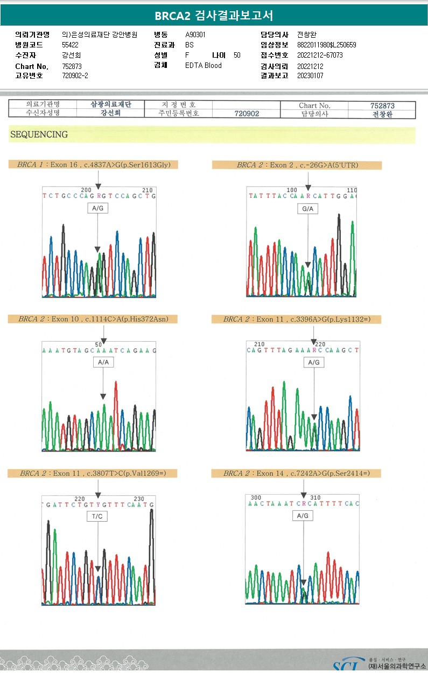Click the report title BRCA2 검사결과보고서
coord(214,16)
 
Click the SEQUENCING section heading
coord(39,135)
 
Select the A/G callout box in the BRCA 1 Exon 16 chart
coord(97,208)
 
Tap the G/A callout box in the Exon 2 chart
coord(308,208)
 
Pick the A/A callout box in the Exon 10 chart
coord(103,363)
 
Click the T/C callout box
coord(98,516)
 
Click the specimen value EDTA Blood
coord(204,66)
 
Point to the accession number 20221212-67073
coord(320,55)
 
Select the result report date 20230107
coord(310,76)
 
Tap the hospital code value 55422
coord(70,45)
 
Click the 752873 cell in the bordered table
coord(382,106)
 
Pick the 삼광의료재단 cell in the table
coord(111,105)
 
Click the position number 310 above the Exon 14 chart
coord(315,497)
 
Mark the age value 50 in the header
coord(237,55)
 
